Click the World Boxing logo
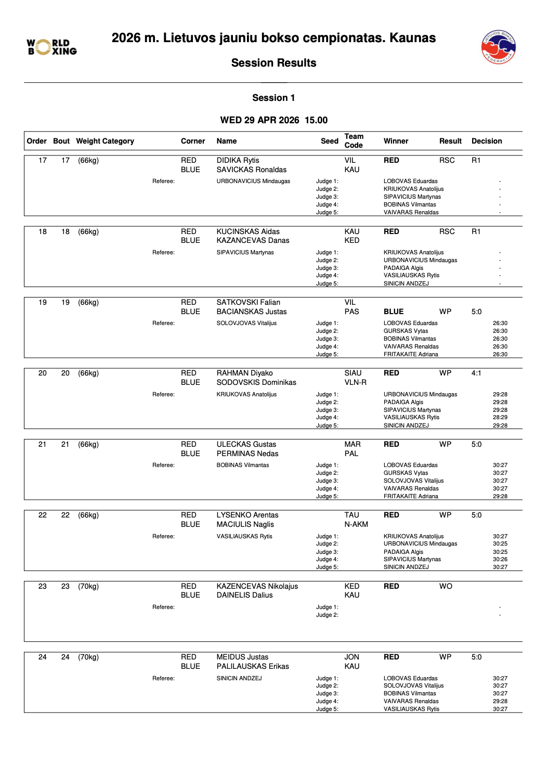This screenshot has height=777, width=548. click(52, 47)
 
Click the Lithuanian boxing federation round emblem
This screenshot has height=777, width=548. click(498, 47)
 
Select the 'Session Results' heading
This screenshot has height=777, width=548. click(273, 63)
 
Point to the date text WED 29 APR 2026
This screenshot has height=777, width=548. click(259, 120)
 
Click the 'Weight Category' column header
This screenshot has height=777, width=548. click(105, 141)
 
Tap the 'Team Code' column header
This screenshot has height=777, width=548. click(354, 141)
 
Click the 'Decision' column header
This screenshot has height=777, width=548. click(487, 141)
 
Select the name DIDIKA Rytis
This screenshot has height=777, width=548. click(238, 160)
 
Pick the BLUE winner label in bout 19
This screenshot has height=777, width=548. click(394, 312)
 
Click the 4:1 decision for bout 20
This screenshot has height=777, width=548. click(476, 373)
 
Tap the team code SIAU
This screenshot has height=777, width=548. click(353, 373)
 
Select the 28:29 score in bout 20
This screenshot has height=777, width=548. click(500, 417)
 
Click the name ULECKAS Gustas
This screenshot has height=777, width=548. click(246, 444)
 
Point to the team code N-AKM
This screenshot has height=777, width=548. click(356, 524)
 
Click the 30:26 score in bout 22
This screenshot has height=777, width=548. click(500, 559)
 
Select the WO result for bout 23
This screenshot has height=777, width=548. click(446, 586)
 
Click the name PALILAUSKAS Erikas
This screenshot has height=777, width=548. click(253, 666)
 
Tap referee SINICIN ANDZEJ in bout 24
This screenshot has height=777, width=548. click(239, 678)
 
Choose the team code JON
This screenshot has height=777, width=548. click(352, 657)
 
